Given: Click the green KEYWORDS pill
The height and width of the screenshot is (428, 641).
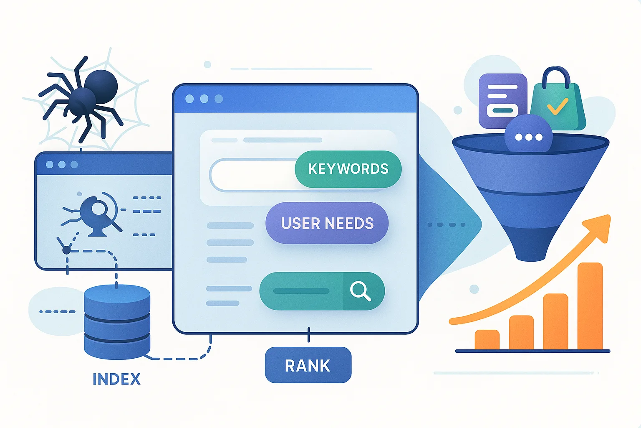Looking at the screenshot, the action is pos(348,169).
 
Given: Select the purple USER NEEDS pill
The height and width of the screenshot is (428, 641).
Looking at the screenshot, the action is pos(327,223).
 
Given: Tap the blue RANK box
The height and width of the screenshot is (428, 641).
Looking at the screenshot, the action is pos(308,365).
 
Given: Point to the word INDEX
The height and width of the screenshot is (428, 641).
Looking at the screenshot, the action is pos(116,379).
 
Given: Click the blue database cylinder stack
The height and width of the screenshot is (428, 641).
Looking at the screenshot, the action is pos(117,322).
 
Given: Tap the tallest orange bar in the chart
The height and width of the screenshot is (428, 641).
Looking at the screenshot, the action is pos(590,306).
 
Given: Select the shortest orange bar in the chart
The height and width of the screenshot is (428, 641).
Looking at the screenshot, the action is pos(487,340).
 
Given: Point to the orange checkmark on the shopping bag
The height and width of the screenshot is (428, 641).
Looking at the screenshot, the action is pos(557,106).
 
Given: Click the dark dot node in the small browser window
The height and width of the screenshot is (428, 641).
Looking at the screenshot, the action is pos(66,250).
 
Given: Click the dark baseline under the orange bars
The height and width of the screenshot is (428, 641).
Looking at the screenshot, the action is pos(532,351).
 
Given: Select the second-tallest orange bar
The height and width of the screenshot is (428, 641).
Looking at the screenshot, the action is pos(555,322).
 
